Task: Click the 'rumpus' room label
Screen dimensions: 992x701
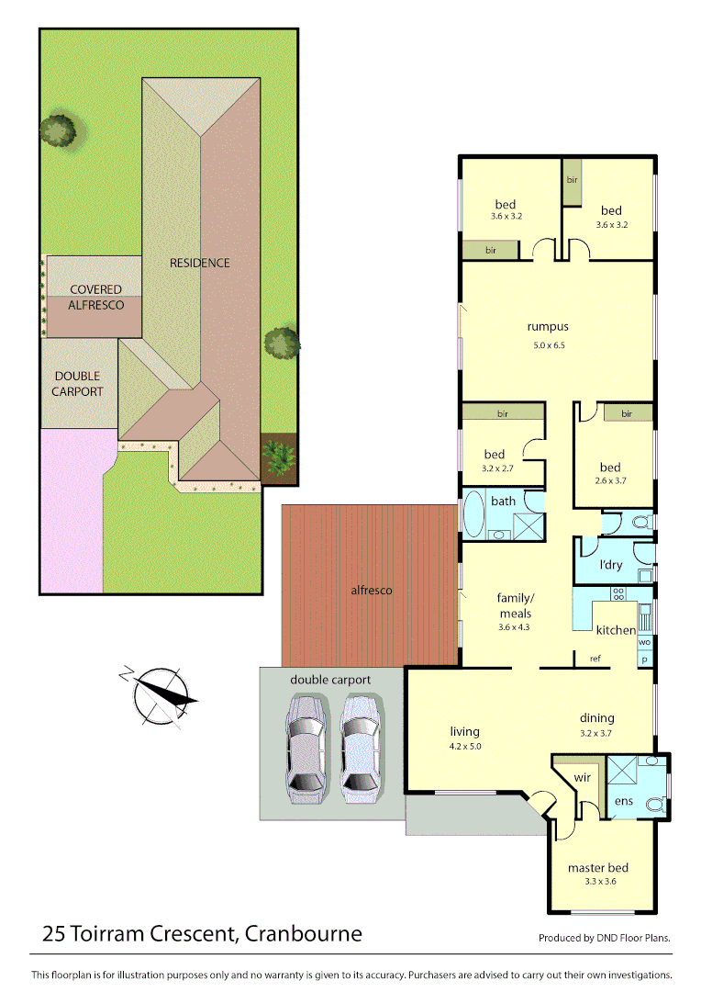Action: tap(548, 326)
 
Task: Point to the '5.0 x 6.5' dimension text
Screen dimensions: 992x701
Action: tap(548, 345)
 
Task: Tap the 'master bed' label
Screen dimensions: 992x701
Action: tap(597, 867)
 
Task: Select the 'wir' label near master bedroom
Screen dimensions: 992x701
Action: tap(582, 777)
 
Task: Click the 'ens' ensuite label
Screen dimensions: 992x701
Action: tap(623, 802)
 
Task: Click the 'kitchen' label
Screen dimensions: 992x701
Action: tap(616, 629)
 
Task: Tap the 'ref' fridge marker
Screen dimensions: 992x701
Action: tap(595, 658)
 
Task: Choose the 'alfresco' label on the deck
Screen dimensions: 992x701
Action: tap(372, 590)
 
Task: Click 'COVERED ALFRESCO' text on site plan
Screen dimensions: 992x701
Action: tap(96, 297)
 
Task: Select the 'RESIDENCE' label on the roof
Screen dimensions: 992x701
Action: tap(200, 263)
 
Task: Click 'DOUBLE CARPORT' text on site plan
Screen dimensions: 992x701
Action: tap(77, 384)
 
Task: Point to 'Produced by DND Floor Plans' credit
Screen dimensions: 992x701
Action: tap(604, 938)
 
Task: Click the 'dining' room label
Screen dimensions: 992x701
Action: tap(596, 718)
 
